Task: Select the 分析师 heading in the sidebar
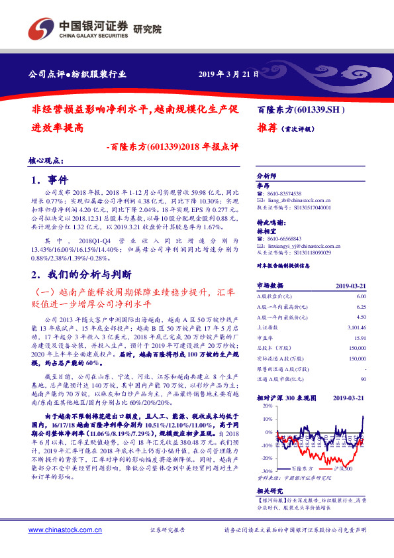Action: coord(266,178)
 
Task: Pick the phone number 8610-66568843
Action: coord(288,238)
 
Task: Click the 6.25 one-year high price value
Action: coord(361,307)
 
